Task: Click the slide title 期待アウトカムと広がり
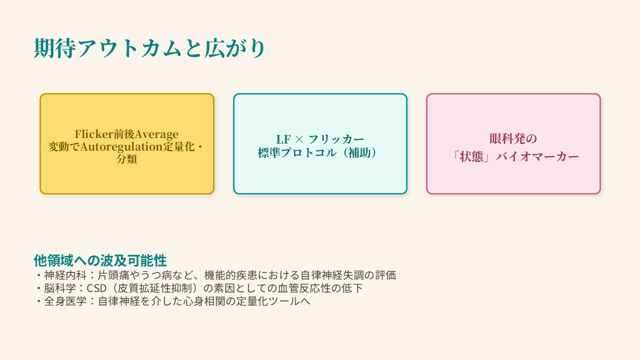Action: pyautogui.click(x=149, y=49)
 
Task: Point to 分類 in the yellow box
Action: pyautogui.click(x=126, y=159)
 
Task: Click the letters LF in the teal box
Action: pyautogui.click(x=283, y=139)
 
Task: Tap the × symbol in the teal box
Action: pyautogui.click(x=299, y=139)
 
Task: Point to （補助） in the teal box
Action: pyautogui.click(x=360, y=153)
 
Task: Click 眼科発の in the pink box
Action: pyautogui.click(x=513, y=139)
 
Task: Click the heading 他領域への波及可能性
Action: pyautogui.click(x=100, y=260)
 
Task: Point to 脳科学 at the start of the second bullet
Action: pyautogui.click(x=59, y=288)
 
